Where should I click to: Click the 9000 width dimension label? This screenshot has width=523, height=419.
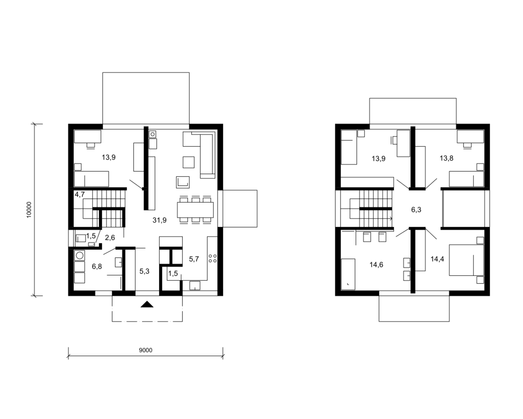pos(146,350)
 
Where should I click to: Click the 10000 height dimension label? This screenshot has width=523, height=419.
pos(29,209)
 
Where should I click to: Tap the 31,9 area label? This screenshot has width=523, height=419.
pos(159,220)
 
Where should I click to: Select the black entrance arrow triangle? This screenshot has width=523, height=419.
pos(147,304)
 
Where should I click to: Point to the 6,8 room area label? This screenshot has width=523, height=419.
pos(97,266)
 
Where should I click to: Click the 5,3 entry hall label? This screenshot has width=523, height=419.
pos(144,271)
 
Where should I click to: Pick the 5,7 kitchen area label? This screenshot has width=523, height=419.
pos(194,259)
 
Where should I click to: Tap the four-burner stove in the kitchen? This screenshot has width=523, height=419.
pos(212,258)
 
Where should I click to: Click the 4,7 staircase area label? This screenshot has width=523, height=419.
pos(80,194)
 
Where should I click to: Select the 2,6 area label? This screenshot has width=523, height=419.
pos(110,237)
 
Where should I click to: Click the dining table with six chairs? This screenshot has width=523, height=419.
pos(195,209)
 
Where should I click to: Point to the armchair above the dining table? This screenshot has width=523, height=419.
pos(183,182)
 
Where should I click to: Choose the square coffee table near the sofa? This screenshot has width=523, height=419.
pos(189,162)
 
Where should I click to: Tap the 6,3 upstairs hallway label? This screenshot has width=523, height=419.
pos(416,209)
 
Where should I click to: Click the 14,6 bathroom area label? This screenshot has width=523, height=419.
pos(376,265)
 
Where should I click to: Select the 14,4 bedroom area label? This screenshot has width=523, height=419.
pos(437,259)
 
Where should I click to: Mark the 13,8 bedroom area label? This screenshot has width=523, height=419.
pos(446,158)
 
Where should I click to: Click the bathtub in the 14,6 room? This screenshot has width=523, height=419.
pos(348,274)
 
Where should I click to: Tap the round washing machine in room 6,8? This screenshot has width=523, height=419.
pos(79,255)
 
